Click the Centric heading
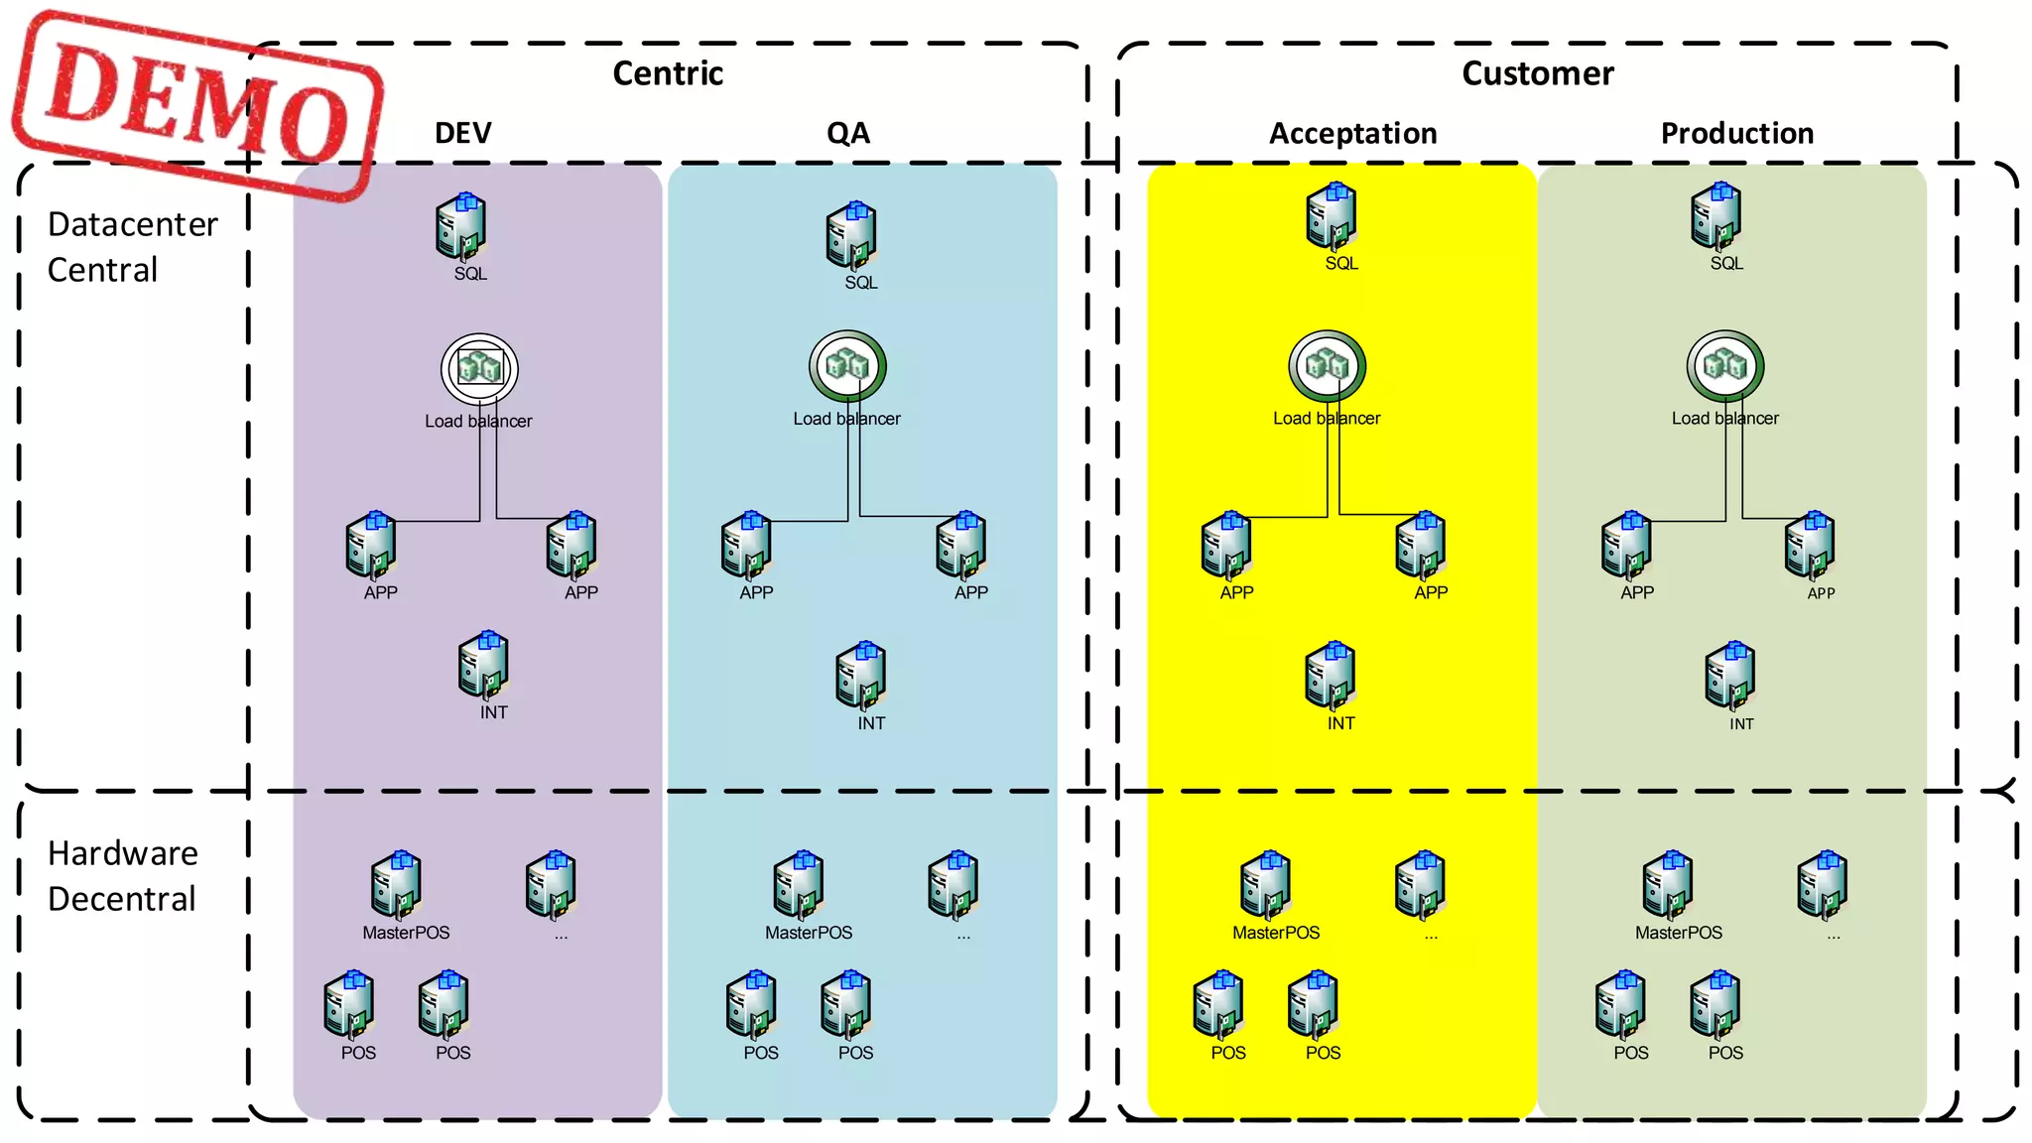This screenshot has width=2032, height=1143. (668, 73)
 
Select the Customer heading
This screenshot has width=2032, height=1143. (1537, 73)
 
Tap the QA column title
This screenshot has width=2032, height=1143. (848, 133)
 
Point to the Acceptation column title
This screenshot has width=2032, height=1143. (1352, 133)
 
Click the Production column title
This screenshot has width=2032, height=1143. (1736, 133)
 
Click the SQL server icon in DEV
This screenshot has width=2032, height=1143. (460, 227)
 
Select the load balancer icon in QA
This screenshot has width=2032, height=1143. (847, 366)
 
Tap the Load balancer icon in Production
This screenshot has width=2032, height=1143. (1725, 366)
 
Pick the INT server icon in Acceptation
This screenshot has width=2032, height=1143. (1331, 676)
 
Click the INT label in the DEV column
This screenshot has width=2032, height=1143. (493, 712)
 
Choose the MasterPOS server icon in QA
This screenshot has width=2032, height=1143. (799, 884)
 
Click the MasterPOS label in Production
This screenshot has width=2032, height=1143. (1678, 933)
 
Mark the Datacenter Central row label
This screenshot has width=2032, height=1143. (132, 247)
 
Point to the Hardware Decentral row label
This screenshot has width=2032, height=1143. (122, 875)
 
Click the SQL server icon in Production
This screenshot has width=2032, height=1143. (1716, 215)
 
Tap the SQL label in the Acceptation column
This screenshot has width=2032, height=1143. (1340, 263)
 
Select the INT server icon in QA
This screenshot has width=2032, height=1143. (860, 676)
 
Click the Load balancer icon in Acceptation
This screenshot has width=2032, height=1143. (1327, 366)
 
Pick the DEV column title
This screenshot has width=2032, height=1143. (462, 133)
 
